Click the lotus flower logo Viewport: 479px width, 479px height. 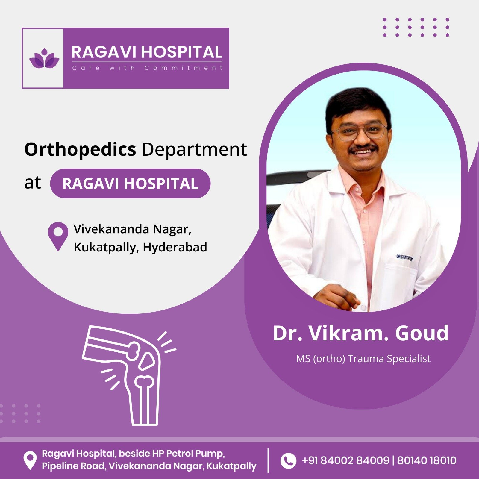point(44,58)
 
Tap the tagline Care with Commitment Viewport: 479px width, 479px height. point(147,68)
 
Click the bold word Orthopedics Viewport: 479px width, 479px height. point(80,150)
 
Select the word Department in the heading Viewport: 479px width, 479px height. point(194,150)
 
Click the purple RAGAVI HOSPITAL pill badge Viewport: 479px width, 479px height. point(130,183)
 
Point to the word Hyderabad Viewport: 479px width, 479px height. point(175,247)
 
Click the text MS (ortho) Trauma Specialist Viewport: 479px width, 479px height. point(363,359)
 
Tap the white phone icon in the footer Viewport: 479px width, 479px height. point(288,460)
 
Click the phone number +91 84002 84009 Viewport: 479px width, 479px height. point(345,460)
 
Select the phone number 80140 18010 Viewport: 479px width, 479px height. point(427,460)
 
